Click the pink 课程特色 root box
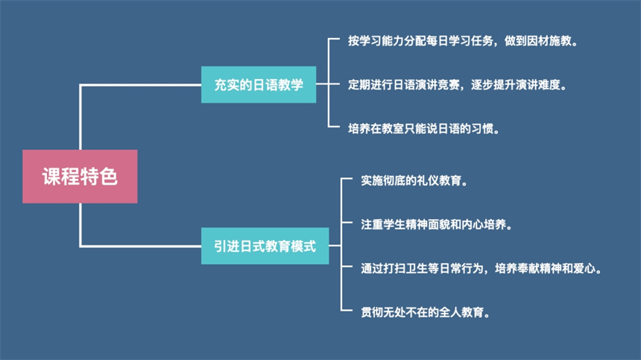(80, 177)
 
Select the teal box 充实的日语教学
(258, 85)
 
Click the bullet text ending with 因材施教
(463, 41)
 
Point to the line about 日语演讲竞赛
(458, 85)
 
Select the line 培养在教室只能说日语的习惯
(423, 128)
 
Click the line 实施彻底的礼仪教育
(414, 180)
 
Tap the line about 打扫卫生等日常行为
(481, 267)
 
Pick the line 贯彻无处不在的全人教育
(426, 311)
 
